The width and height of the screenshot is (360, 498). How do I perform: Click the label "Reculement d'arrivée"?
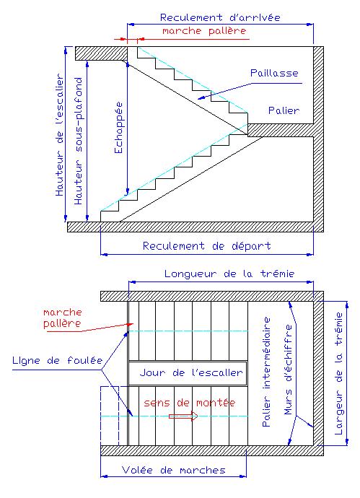pos(220,17)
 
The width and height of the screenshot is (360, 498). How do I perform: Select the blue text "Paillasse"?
pos(274,73)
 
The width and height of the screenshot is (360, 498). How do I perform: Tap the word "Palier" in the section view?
pos(284,110)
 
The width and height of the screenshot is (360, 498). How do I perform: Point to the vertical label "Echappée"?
pos(118,128)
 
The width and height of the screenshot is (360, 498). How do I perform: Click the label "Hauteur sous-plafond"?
pos(78,141)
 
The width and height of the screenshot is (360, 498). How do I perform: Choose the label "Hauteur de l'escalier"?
pos(59,135)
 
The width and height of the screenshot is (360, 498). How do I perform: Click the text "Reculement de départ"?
pos(206,246)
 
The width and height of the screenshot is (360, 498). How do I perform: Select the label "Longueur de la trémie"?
pos(229,274)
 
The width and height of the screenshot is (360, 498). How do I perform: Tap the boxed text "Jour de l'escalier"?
pos(191,372)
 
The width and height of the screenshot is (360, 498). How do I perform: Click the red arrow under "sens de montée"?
pos(183,416)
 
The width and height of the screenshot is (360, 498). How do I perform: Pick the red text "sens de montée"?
pos(190,403)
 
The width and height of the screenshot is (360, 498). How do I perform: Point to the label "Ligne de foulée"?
pos(58,360)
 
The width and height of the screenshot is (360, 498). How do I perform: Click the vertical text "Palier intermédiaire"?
pos(267,372)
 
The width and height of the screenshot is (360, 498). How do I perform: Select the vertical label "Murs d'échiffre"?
pos(288,370)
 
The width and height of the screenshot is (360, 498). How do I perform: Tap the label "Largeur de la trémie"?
pos(339,374)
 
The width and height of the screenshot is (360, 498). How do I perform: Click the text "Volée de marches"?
pos(174,470)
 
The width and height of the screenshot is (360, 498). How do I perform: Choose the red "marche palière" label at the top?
pos(204,31)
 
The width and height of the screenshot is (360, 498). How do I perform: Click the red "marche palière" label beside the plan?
pos(63,318)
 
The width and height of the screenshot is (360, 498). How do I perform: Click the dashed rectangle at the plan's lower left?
pos(110,416)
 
